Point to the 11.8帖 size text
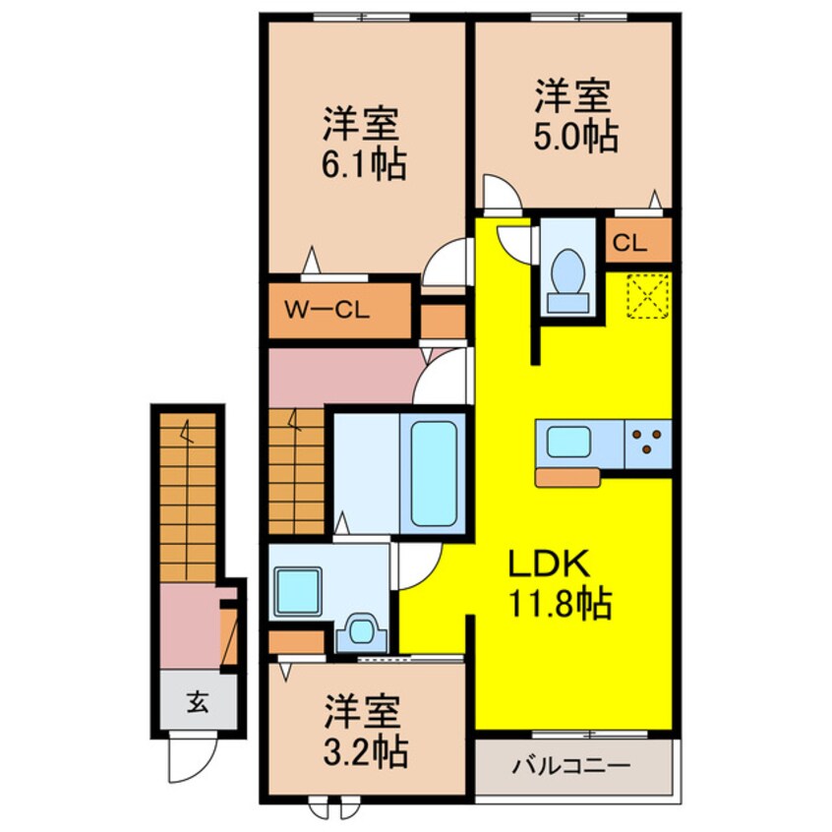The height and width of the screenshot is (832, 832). (560, 602)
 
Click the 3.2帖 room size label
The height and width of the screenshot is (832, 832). (365, 752)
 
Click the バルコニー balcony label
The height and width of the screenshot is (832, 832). (575, 764)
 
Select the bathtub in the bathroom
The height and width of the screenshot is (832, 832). (432, 473)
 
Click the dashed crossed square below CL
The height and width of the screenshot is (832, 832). (648, 295)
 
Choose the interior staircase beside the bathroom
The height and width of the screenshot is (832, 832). (296, 473)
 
